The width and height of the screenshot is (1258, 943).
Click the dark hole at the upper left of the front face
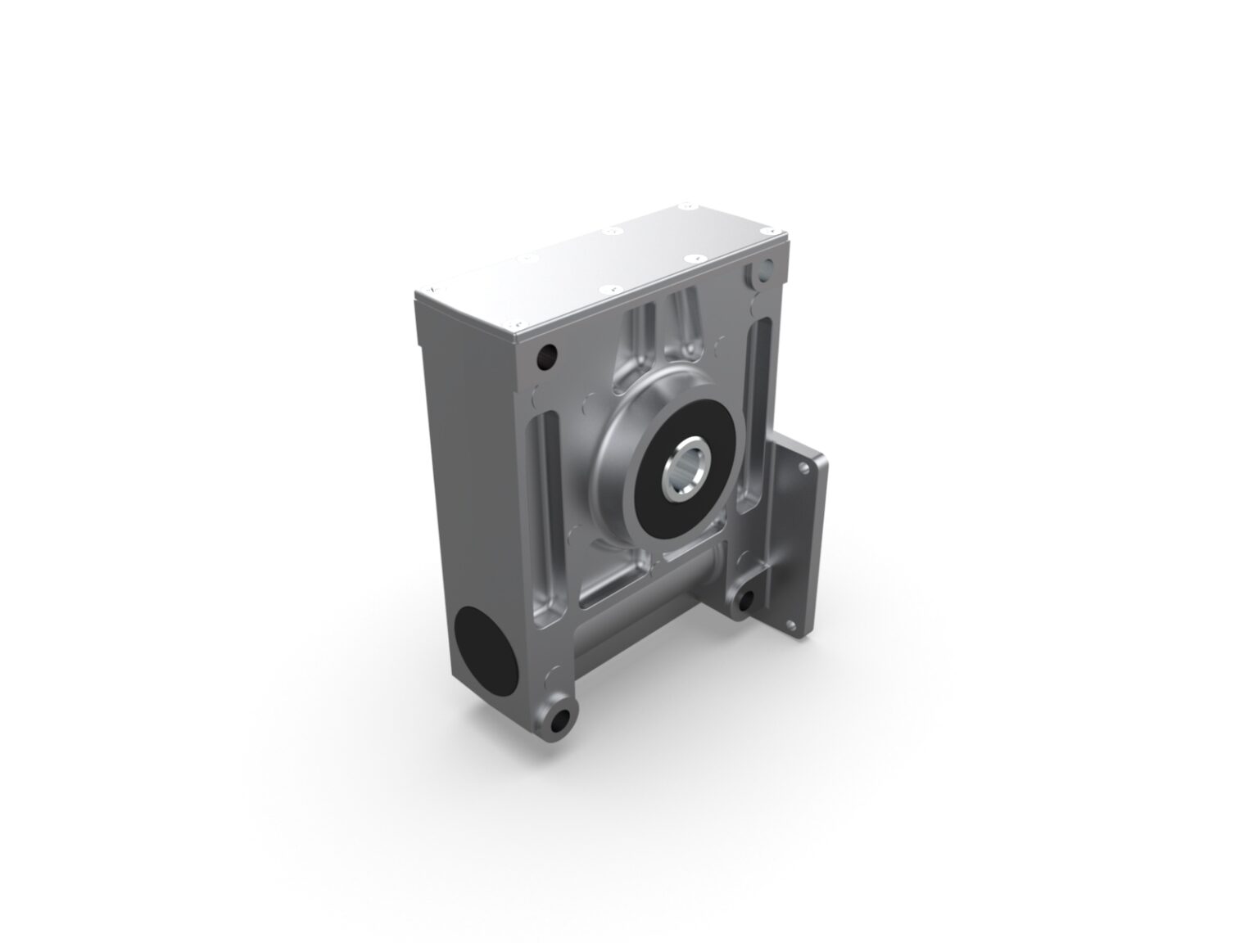pos(547,356)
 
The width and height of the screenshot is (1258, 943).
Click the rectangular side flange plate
pos(799,548)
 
